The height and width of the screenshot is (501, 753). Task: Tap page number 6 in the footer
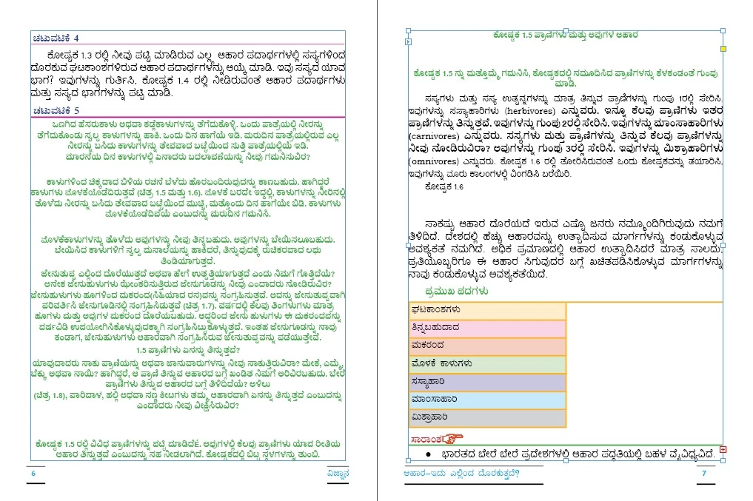click(x=33, y=474)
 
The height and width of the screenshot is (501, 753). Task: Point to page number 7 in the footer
click(x=704, y=474)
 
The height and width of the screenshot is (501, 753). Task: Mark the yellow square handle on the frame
click(x=724, y=49)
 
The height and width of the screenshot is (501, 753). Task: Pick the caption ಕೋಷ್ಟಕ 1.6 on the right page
click(x=444, y=187)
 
